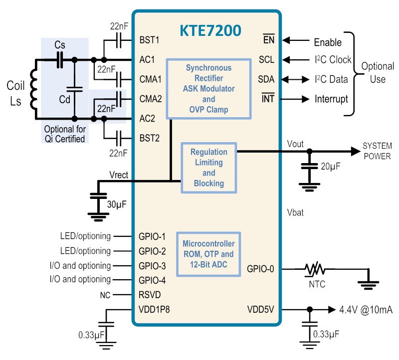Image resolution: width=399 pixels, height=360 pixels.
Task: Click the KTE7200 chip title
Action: pos(210,30)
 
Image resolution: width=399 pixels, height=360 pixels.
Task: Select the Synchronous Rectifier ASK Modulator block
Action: pos(208,89)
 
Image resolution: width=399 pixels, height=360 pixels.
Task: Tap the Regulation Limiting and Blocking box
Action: pos(208,168)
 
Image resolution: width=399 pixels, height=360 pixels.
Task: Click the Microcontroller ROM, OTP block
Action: pos(208,254)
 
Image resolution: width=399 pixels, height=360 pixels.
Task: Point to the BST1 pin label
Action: pos(149,40)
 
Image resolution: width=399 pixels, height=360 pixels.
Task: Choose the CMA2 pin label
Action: pos(151,99)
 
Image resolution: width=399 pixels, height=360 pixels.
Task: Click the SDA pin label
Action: pos(266,79)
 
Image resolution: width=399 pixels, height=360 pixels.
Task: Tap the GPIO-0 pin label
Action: pos(260,269)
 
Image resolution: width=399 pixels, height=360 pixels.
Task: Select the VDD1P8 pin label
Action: pos(154,309)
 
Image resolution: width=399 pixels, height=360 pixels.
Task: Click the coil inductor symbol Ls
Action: pos(34,90)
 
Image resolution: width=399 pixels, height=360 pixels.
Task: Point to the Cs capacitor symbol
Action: pos(60,60)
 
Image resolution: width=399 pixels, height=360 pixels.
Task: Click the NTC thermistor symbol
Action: pos(315,269)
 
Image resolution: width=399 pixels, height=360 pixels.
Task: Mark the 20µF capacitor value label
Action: pos(330,166)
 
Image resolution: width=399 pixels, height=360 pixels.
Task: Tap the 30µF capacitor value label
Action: pos(117,204)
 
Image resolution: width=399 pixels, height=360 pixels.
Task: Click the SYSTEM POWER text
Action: pos(377,151)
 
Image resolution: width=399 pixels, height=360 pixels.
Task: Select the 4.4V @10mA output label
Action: pos(366,310)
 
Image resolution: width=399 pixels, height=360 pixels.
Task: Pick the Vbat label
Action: pos(295,212)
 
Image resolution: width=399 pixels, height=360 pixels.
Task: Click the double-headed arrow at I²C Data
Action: pos(295,79)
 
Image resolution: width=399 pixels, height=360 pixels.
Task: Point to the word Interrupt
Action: pos(331,99)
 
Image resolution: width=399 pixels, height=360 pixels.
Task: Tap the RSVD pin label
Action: pos(150,295)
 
